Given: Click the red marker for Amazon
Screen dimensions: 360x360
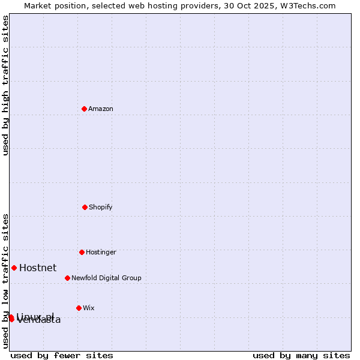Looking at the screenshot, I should coord(85,109).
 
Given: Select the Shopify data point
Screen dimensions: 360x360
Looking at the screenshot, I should coord(85,207).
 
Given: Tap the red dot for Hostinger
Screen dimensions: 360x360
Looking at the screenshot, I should coord(82,252).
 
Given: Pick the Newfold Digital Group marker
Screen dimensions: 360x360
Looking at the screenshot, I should coord(67,278).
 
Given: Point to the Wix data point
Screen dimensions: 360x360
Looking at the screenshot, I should coord(79,308).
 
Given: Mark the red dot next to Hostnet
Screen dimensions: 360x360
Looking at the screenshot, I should coord(14,268).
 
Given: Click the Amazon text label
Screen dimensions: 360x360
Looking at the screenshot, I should coord(101,109).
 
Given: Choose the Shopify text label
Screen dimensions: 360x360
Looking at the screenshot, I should coord(101,207).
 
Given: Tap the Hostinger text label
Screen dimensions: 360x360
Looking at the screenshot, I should coord(101,252).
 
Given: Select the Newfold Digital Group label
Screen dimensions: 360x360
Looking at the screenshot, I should coord(106,278).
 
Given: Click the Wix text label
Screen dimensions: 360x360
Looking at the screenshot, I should coord(89,308).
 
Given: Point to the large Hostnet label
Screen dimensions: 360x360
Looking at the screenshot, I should coord(38,268).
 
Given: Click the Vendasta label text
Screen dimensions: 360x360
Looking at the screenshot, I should coord(39,320).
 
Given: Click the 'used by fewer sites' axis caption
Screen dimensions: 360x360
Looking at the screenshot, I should coord(62,355).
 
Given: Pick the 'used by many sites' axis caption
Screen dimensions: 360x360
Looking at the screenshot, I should coord(301,355).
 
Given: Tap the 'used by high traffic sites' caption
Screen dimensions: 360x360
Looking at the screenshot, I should coord(6,85).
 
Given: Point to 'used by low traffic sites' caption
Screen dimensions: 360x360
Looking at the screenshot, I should coord(6,280).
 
